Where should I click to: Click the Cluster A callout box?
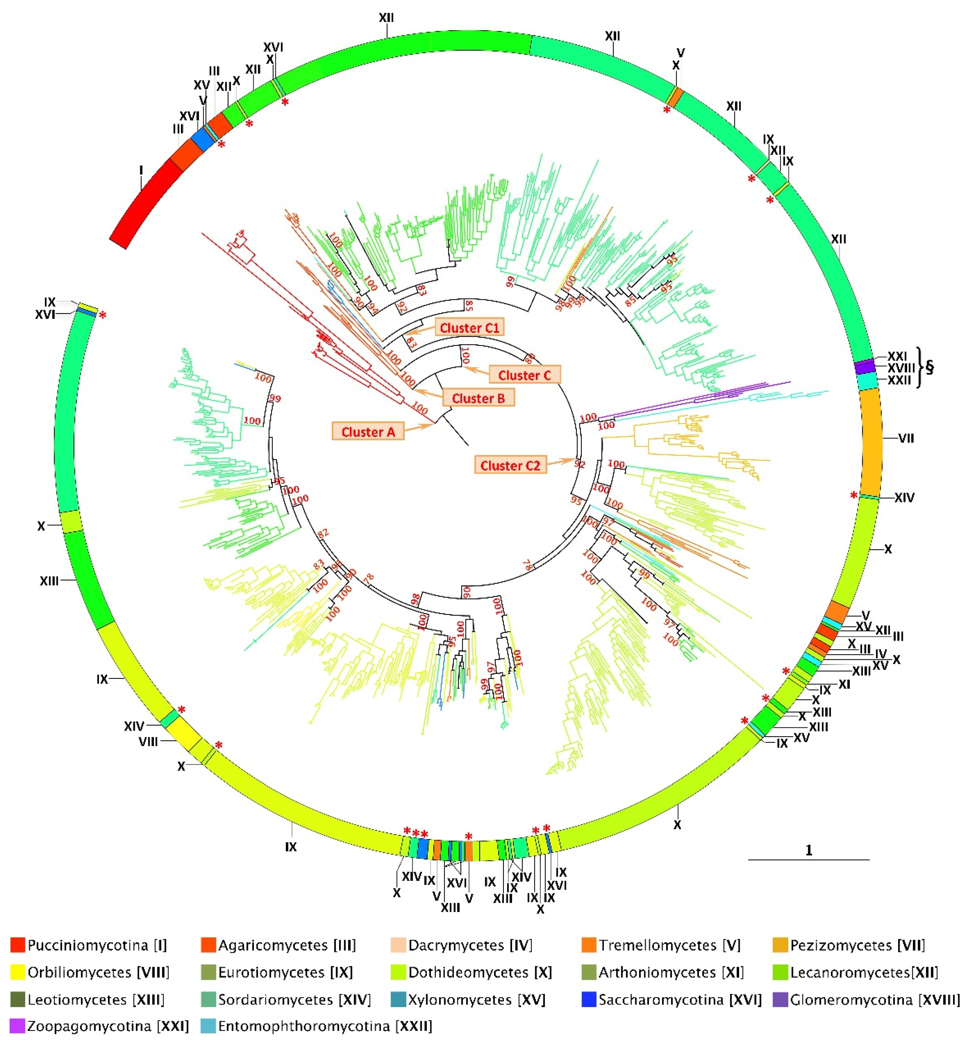367,431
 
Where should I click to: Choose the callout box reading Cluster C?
524,375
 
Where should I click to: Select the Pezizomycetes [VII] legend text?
857,959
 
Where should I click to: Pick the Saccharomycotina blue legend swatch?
589,1014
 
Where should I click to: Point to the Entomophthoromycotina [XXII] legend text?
325,1040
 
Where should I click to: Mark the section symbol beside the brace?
929,367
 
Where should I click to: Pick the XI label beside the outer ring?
844,684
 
